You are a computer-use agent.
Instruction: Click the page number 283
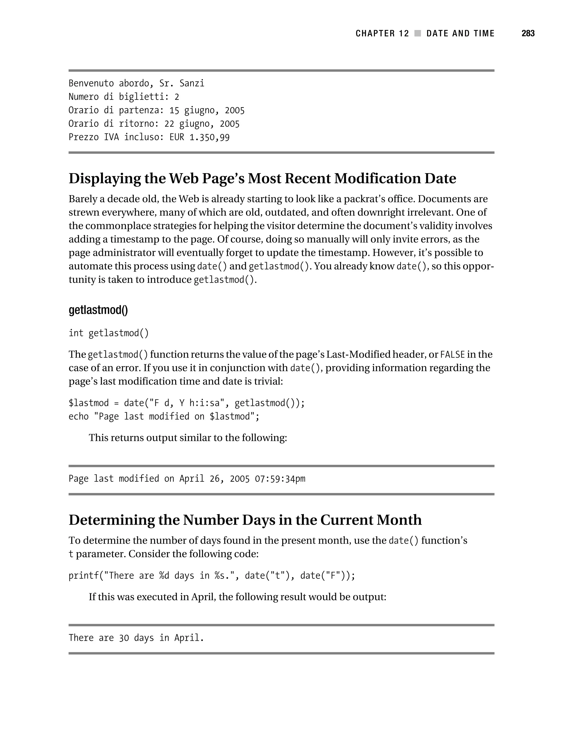coord(528,33)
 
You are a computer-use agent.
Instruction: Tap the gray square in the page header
coord(417,33)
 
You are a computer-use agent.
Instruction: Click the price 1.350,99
coord(209,137)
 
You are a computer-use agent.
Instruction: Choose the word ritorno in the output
coord(139,124)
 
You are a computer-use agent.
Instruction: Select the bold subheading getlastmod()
coord(98,310)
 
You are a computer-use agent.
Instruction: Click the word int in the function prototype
coord(76,333)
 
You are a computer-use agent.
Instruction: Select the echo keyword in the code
coord(78,417)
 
